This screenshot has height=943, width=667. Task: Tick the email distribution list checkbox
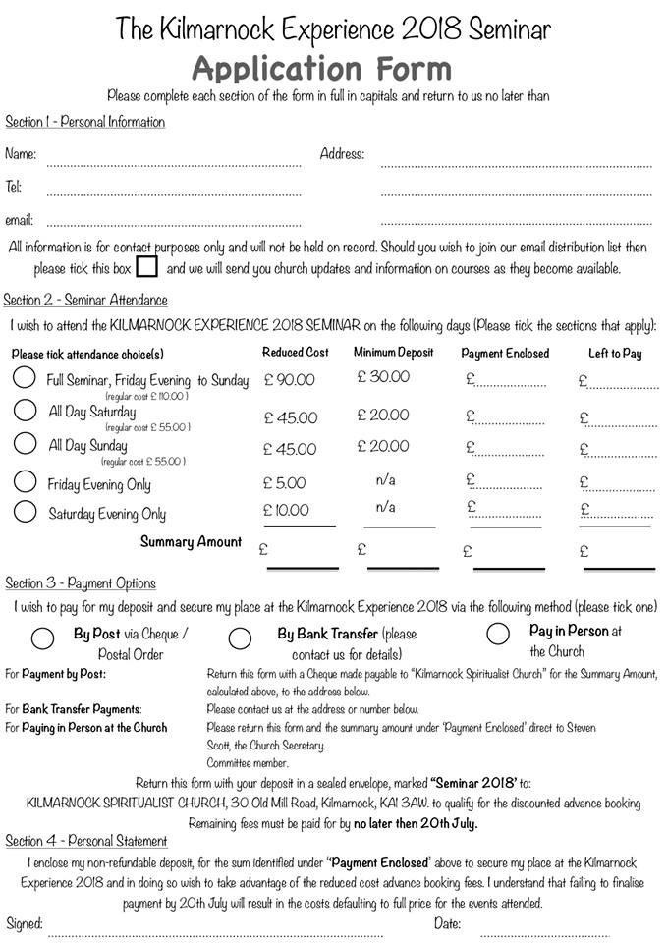pos(146,267)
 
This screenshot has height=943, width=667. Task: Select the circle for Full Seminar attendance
pos(26,378)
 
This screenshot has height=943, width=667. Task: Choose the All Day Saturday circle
pos(26,411)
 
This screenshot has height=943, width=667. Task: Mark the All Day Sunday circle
pos(26,444)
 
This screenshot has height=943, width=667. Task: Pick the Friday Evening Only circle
pos(26,482)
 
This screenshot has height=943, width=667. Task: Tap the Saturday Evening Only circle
pos(26,512)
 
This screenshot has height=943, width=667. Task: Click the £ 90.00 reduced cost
pos(290,380)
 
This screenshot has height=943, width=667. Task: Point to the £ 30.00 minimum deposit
pos(383,377)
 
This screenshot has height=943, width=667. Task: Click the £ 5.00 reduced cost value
pos(285,483)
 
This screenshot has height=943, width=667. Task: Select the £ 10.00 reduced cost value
pos(286,510)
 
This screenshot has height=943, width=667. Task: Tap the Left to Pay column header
pos(614,353)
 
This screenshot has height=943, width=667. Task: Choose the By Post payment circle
pos(42,638)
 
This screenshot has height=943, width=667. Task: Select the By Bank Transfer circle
pos(240,638)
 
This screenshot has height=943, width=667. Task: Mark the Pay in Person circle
pos(498,634)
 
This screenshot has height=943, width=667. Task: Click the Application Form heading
pos(322,69)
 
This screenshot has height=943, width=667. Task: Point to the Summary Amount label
pos(191,542)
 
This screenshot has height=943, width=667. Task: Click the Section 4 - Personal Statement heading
pos(86,841)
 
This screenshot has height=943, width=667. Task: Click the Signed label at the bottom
pos(25,923)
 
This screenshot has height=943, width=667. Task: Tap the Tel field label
pos(13,187)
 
